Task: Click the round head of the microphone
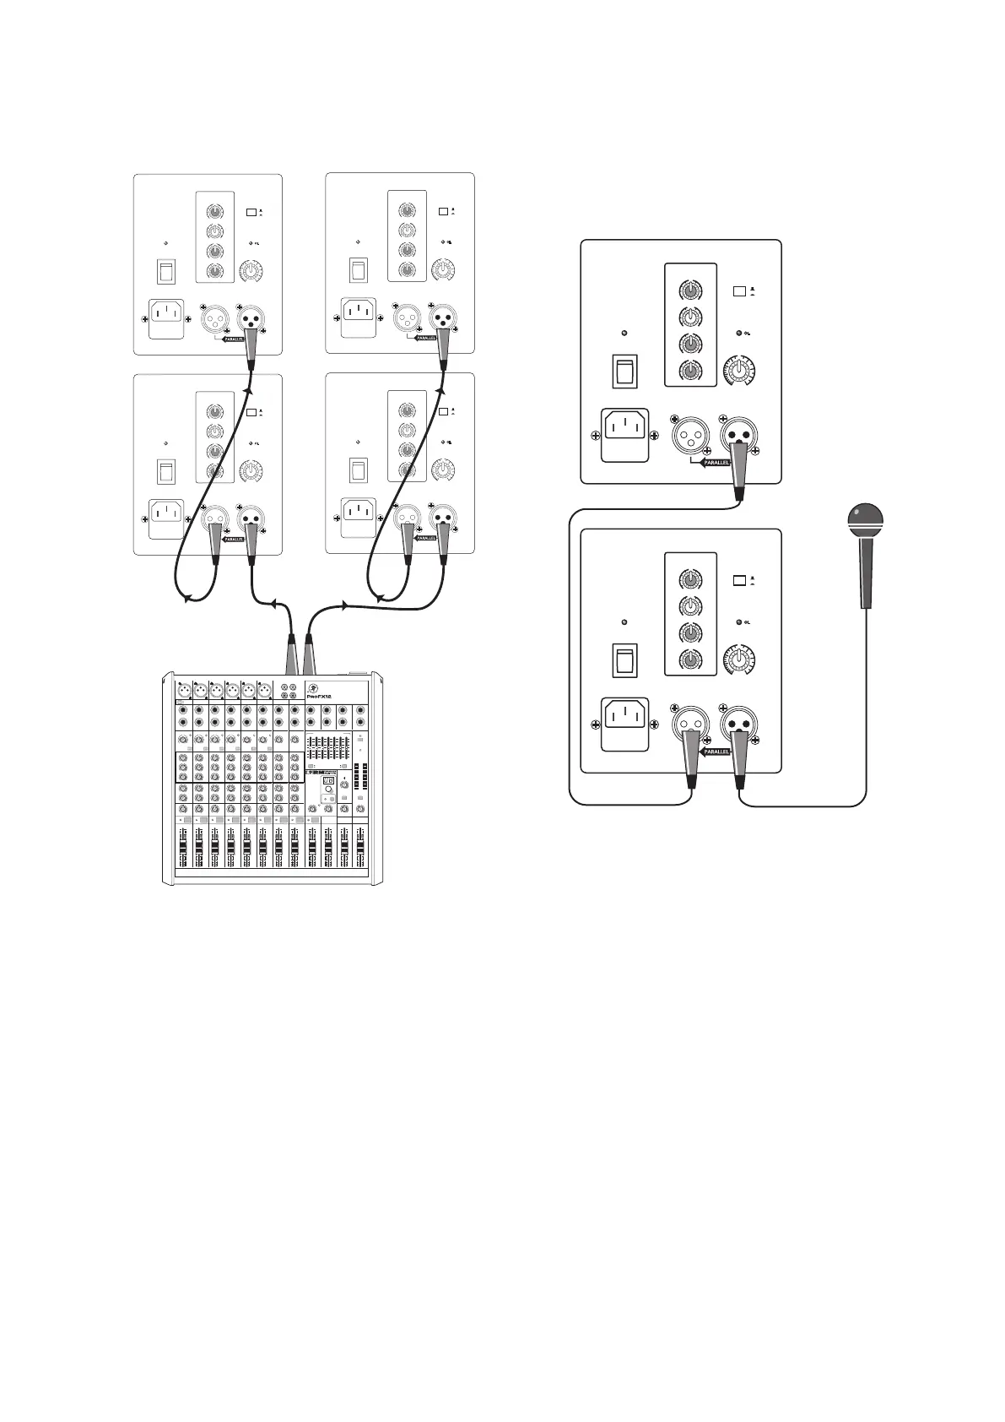point(865,518)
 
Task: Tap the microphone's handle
point(866,574)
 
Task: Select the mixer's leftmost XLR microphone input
point(184,691)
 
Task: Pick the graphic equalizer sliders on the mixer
point(326,748)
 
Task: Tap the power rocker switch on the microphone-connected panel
point(624,659)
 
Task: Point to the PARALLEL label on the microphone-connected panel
point(716,751)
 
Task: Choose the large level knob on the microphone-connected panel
point(740,659)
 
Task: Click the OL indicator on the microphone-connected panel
point(740,622)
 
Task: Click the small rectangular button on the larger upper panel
point(739,290)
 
